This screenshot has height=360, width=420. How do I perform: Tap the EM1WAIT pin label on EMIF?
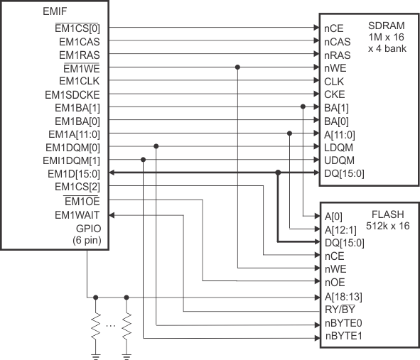(77, 214)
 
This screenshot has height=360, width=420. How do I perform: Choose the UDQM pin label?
(337, 160)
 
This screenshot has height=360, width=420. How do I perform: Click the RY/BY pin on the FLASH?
(340, 310)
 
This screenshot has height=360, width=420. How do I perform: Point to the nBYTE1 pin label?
(343, 336)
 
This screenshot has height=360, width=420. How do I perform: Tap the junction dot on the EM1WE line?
(237, 67)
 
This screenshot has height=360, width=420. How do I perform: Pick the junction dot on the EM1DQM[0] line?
(156, 147)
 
